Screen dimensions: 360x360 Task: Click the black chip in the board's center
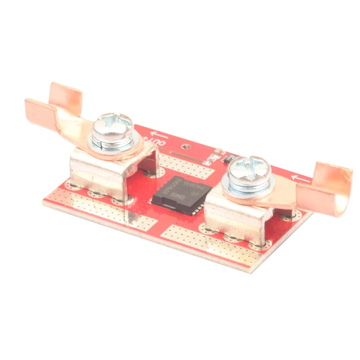pyautogui.click(x=181, y=194)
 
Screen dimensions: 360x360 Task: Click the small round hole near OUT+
pyautogui.click(x=185, y=147)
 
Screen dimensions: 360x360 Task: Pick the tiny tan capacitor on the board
pyautogui.click(x=217, y=151)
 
